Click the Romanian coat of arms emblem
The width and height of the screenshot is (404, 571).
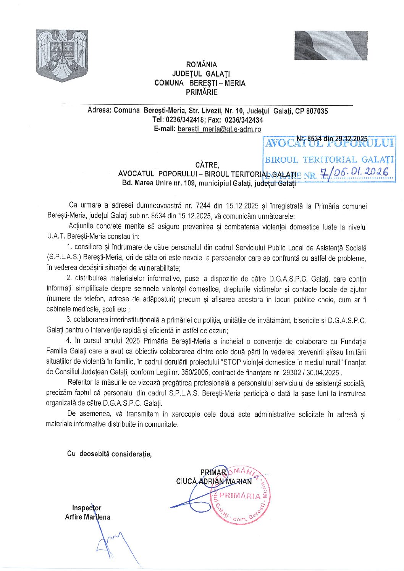[62, 55]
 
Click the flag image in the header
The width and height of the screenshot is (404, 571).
[331, 45]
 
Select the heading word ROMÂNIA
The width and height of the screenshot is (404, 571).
[201, 65]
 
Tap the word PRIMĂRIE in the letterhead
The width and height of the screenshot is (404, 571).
[201, 92]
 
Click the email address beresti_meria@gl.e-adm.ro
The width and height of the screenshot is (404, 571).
[219, 129]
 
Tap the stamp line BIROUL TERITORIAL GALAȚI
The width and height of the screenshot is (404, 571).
[329, 160]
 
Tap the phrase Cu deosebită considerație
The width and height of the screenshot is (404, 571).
[109, 453]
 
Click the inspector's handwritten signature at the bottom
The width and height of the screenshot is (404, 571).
[111, 542]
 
